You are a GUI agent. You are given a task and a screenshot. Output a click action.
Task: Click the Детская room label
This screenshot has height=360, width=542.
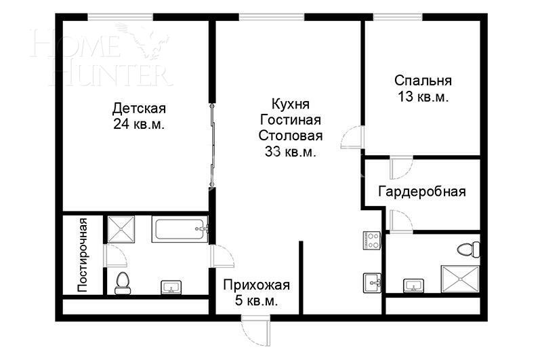(x=140, y=108)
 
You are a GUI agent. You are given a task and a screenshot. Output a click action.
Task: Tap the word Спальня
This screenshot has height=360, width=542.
(x=423, y=81)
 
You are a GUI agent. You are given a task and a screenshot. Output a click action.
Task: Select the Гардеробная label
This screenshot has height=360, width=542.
(x=422, y=191)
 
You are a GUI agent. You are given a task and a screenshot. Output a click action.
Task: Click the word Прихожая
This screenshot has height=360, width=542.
(x=257, y=285)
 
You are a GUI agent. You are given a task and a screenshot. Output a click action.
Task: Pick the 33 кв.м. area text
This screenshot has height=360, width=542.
(x=290, y=152)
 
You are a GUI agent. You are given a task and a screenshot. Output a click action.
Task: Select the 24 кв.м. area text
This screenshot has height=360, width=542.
(x=140, y=125)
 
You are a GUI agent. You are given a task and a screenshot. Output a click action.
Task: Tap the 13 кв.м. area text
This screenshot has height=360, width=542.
(x=423, y=97)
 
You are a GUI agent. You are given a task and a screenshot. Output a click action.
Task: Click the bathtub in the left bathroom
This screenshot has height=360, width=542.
(x=180, y=229)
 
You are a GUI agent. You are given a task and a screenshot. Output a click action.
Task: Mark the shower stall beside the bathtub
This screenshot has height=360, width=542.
(x=122, y=229)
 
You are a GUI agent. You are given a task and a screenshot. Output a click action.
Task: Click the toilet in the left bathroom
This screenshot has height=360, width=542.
(x=123, y=283)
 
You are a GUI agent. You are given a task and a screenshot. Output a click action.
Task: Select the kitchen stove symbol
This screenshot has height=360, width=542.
(x=373, y=240)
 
